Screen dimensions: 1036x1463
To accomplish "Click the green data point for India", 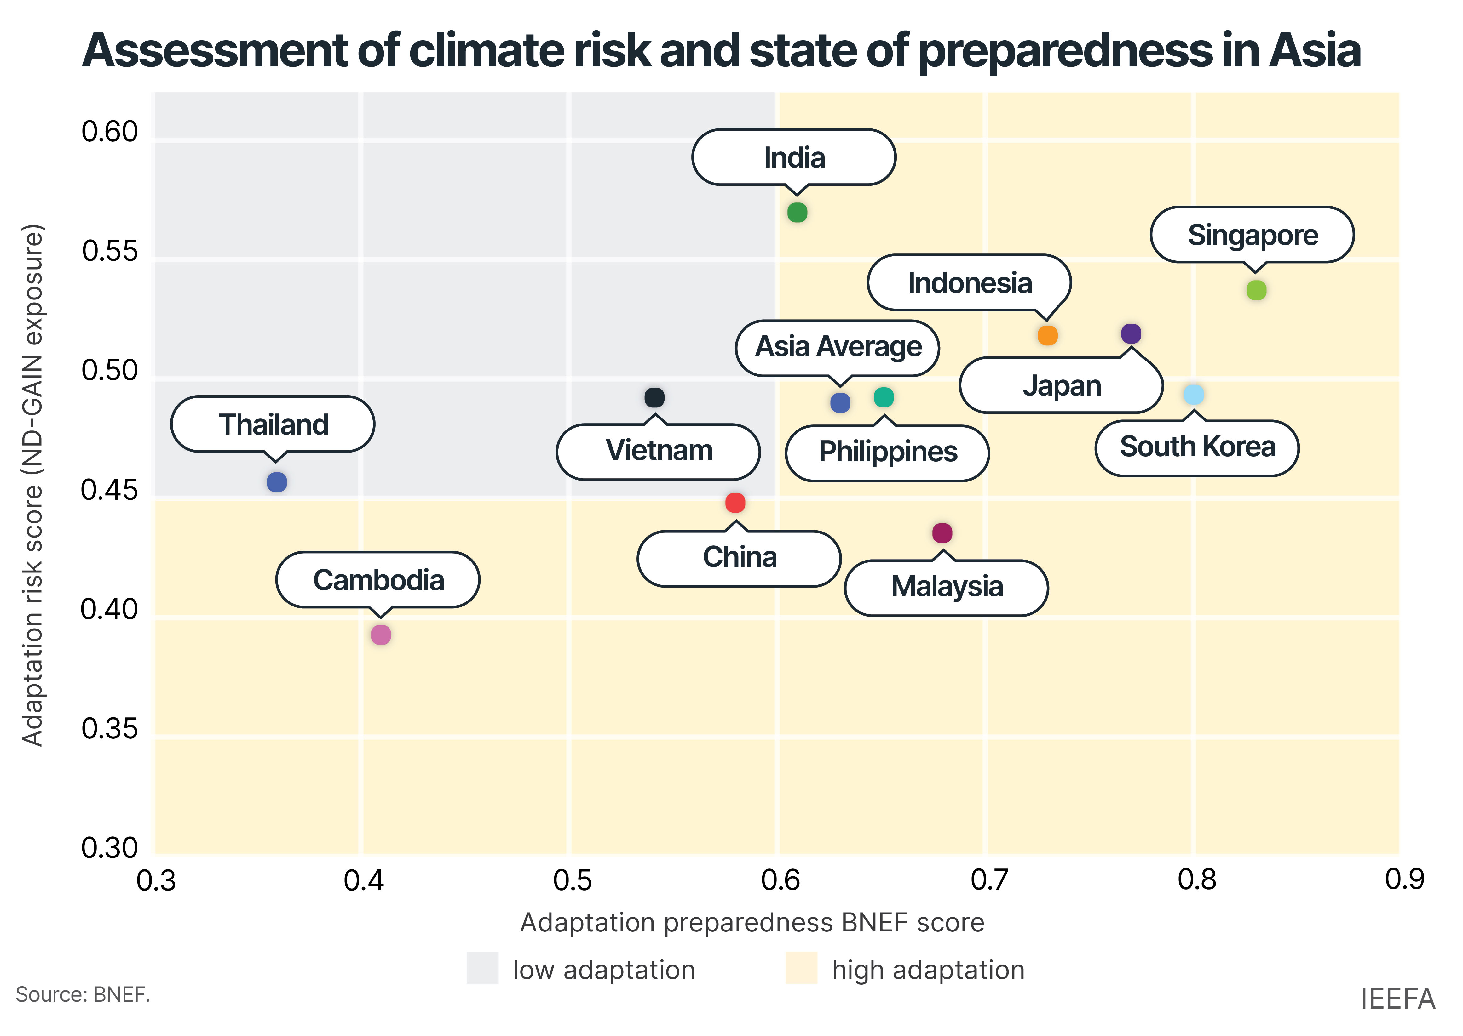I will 797,213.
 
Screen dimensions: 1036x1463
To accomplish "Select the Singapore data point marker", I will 1256,290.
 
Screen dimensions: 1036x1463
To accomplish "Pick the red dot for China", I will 735,503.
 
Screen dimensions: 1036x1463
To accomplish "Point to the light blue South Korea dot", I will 1194,394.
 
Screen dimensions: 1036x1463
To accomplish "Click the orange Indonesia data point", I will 1047,335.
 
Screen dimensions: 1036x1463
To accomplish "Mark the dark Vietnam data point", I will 654,397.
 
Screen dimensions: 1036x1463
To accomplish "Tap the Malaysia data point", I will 942,533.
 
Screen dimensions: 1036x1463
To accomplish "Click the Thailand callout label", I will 273,424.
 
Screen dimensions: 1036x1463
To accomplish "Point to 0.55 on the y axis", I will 110,251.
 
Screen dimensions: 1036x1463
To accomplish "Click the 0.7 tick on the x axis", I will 989,880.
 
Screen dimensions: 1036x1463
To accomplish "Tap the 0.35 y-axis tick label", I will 110,729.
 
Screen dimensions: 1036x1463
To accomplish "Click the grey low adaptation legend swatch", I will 482,968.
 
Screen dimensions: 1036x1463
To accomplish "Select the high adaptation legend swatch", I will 802,968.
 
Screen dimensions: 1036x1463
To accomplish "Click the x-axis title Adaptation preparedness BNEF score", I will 752,922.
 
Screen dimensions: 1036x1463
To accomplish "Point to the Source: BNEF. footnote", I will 83,994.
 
